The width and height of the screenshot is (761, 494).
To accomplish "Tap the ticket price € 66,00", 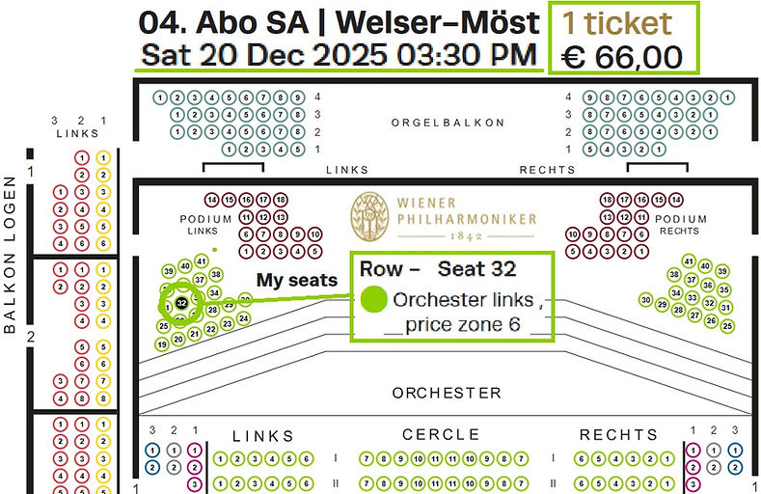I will click(623, 56).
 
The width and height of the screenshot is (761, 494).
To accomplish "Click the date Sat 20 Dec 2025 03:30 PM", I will click(338, 54).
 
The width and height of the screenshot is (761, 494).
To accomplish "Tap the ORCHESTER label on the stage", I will click(447, 393).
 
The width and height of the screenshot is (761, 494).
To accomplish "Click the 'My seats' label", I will click(296, 280).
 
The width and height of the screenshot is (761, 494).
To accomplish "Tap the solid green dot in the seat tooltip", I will click(374, 299).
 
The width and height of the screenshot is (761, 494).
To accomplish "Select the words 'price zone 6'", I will click(463, 325).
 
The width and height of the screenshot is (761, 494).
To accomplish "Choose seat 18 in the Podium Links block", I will click(280, 200).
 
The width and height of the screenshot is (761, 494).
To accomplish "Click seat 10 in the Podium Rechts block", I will click(573, 234).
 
